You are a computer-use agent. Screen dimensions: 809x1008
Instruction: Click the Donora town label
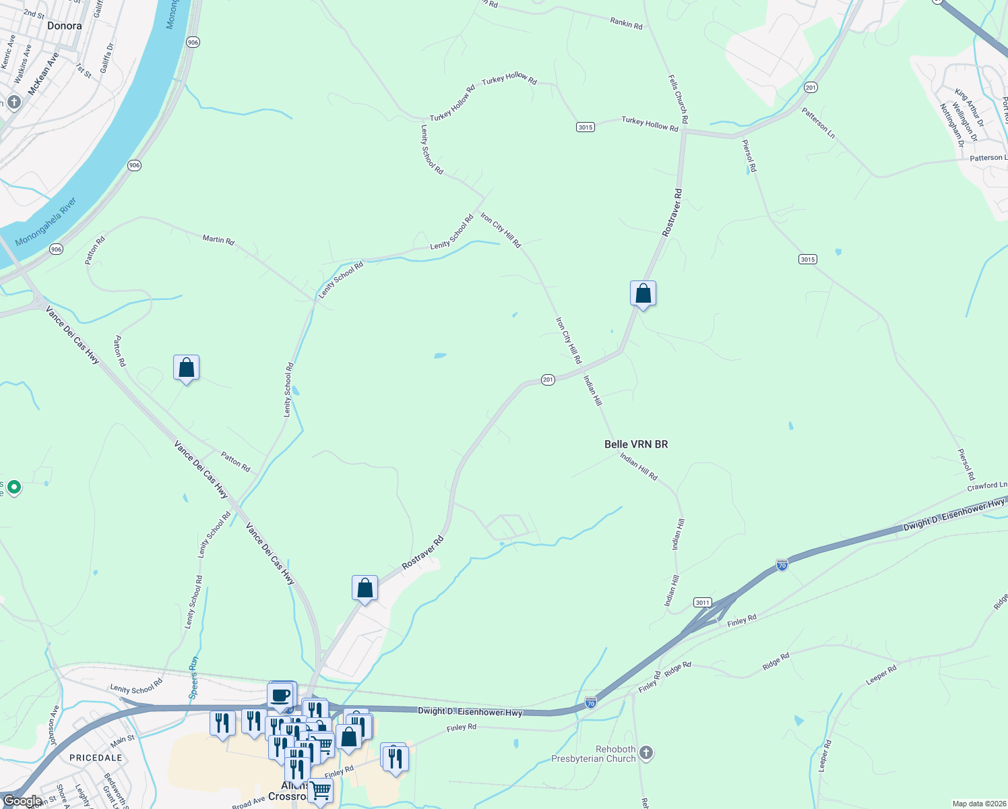[65, 26]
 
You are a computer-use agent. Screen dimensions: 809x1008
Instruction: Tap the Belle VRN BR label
[636, 444]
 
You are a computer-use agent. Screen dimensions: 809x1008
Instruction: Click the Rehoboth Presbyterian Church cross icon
[646, 752]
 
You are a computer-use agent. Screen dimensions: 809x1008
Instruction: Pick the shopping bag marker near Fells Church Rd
[643, 294]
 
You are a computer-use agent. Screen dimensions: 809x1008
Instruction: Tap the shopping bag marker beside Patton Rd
[186, 368]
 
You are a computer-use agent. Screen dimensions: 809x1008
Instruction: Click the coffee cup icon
[281, 695]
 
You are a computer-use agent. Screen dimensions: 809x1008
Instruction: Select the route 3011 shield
[702, 602]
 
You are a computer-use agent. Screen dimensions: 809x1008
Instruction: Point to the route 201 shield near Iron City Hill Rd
[548, 380]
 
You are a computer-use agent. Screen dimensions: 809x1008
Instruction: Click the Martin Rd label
[218, 239]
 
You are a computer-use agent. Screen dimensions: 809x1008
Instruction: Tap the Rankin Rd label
[626, 24]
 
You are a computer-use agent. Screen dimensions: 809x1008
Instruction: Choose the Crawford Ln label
[987, 486]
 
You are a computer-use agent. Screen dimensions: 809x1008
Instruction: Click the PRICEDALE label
[96, 758]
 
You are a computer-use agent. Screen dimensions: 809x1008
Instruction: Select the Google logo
[22, 801]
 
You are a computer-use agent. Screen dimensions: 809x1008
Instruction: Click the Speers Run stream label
[194, 677]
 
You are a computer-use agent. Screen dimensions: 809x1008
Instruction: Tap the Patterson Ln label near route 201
[818, 123]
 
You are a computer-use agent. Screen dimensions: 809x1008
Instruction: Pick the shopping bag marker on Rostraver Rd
[365, 589]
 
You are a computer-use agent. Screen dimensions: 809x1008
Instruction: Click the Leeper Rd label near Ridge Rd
[881, 675]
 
